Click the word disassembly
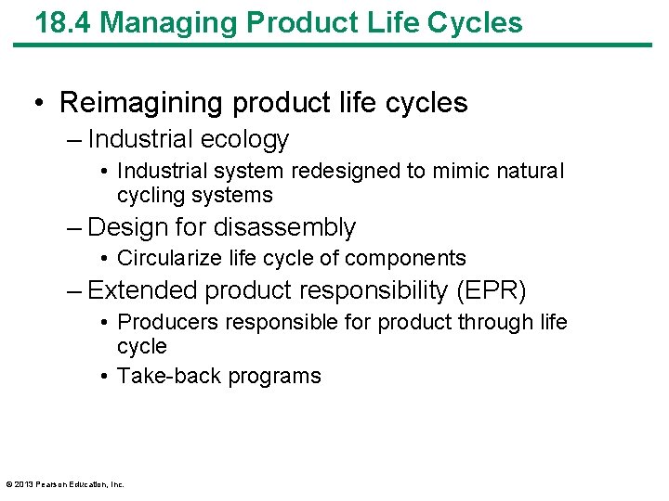[285, 228]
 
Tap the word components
[417, 258]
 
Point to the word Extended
[143, 291]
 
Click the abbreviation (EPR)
[491, 291]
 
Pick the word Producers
[164, 322]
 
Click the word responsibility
[375, 291]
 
